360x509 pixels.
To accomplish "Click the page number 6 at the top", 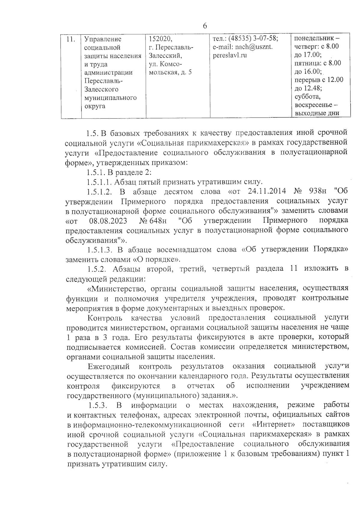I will (205, 26).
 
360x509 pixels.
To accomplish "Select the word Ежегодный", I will (109, 366).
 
